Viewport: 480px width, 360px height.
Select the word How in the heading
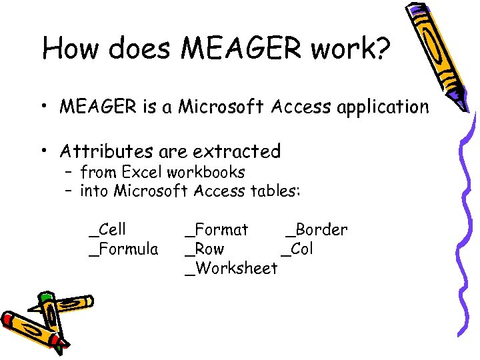tap(68, 49)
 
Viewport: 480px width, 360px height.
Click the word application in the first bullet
tap(388, 107)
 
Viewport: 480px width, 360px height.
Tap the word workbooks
tap(206, 172)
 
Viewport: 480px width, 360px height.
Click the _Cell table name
tap(107, 230)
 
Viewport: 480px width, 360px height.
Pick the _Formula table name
tap(124, 249)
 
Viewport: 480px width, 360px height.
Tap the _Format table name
tap(216, 230)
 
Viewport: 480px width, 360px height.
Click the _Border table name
tap(315, 230)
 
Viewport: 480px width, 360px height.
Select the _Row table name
tap(205, 249)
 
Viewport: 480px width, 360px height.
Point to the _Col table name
tap(297, 249)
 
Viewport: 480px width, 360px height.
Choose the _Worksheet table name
tap(231, 269)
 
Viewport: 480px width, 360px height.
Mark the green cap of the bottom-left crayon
tap(45, 298)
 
